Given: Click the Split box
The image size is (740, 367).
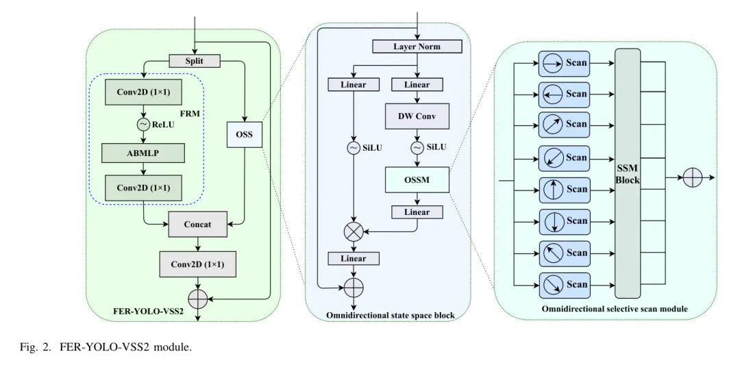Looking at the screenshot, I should pos(194,61).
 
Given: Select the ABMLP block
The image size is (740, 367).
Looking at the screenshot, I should pos(143,153).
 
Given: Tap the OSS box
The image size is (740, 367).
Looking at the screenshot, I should pos(245,134).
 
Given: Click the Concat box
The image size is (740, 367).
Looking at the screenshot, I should pos(197,224).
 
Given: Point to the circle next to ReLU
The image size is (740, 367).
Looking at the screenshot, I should pos(143,124).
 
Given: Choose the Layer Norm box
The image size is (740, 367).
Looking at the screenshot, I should pos(417,47).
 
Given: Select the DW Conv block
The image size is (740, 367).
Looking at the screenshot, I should pos(417,116).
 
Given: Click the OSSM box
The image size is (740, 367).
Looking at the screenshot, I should pos(417,180).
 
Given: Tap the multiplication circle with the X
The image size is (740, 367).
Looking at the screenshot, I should pos(354,232).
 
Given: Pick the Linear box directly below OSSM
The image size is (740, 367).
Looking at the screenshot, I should pos(417,212).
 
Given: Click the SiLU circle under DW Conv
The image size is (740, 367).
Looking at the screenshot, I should pos(417,147).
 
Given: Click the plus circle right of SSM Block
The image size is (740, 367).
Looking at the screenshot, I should pos(693,178).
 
